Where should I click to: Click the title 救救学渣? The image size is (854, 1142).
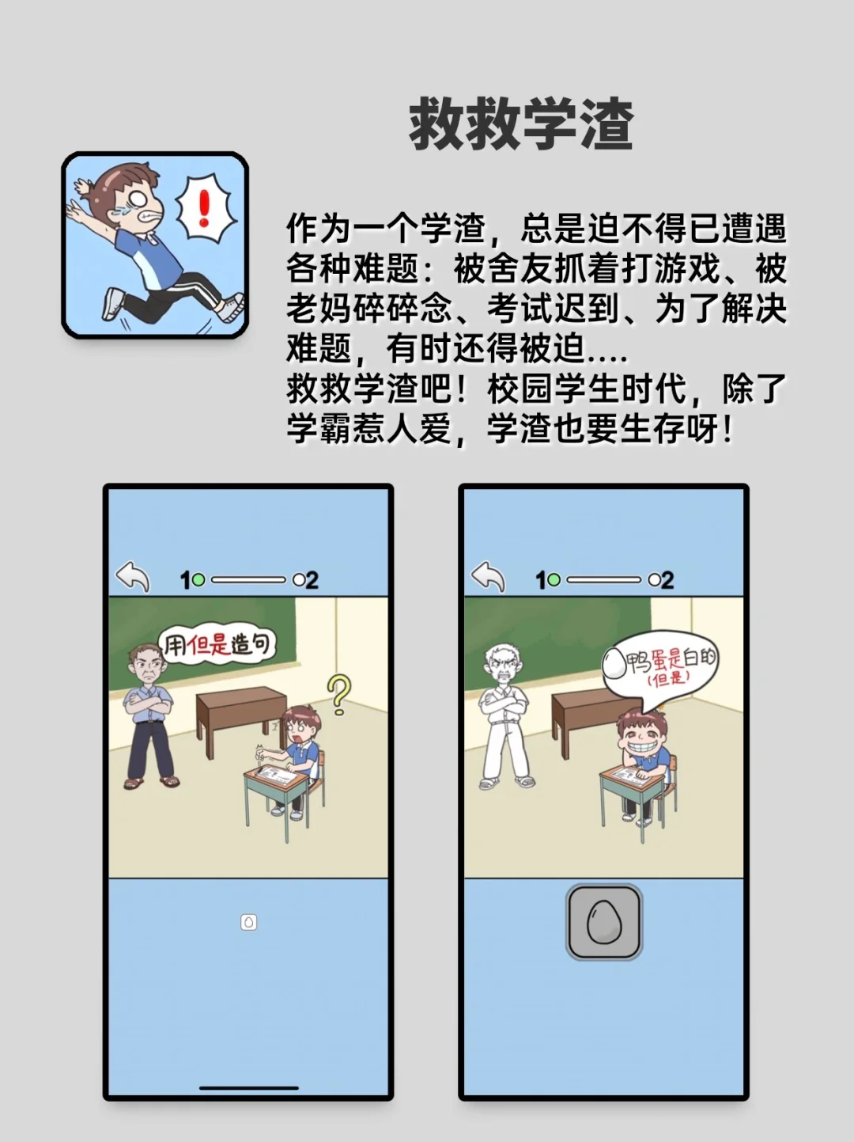click(x=520, y=124)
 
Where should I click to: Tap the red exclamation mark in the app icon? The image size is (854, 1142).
click(x=205, y=207)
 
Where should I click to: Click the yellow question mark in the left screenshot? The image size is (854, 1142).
click(x=339, y=694)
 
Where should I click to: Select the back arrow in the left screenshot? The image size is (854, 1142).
click(x=133, y=577)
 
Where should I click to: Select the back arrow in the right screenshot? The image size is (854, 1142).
click(x=488, y=577)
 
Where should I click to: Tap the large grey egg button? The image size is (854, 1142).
click(x=604, y=922)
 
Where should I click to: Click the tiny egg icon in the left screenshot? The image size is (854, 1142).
click(x=248, y=922)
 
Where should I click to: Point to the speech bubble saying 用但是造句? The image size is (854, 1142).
click(x=217, y=645)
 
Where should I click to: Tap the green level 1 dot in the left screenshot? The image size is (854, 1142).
click(x=198, y=580)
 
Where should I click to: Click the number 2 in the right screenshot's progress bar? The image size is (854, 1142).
click(x=667, y=580)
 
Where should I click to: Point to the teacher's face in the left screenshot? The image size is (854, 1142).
click(x=147, y=666)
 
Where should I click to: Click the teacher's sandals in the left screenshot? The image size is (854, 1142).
click(x=150, y=782)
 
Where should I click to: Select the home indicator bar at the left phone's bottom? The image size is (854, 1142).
click(x=248, y=1087)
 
